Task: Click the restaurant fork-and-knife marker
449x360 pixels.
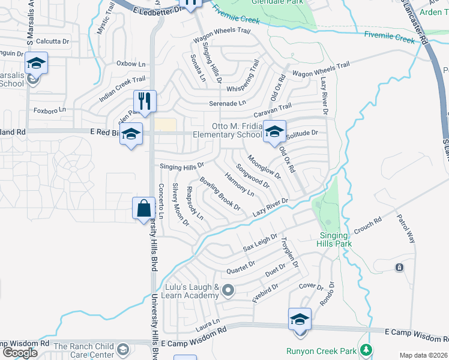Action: (x=145, y=100)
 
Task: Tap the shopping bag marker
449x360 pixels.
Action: (x=144, y=209)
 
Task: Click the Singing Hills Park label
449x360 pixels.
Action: (x=335, y=239)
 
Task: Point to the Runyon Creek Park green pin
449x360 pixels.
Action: (x=365, y=350)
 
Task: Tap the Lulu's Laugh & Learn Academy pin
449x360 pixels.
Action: (x=228, y=291)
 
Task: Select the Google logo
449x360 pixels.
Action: (x=20, y=352)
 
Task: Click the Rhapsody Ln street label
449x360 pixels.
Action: (x=194, y=203)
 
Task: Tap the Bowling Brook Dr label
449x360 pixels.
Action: (x=220, y=194)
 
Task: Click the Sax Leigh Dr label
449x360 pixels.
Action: (x=260, y=242)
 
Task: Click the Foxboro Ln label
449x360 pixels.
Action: (x=49, y=110)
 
